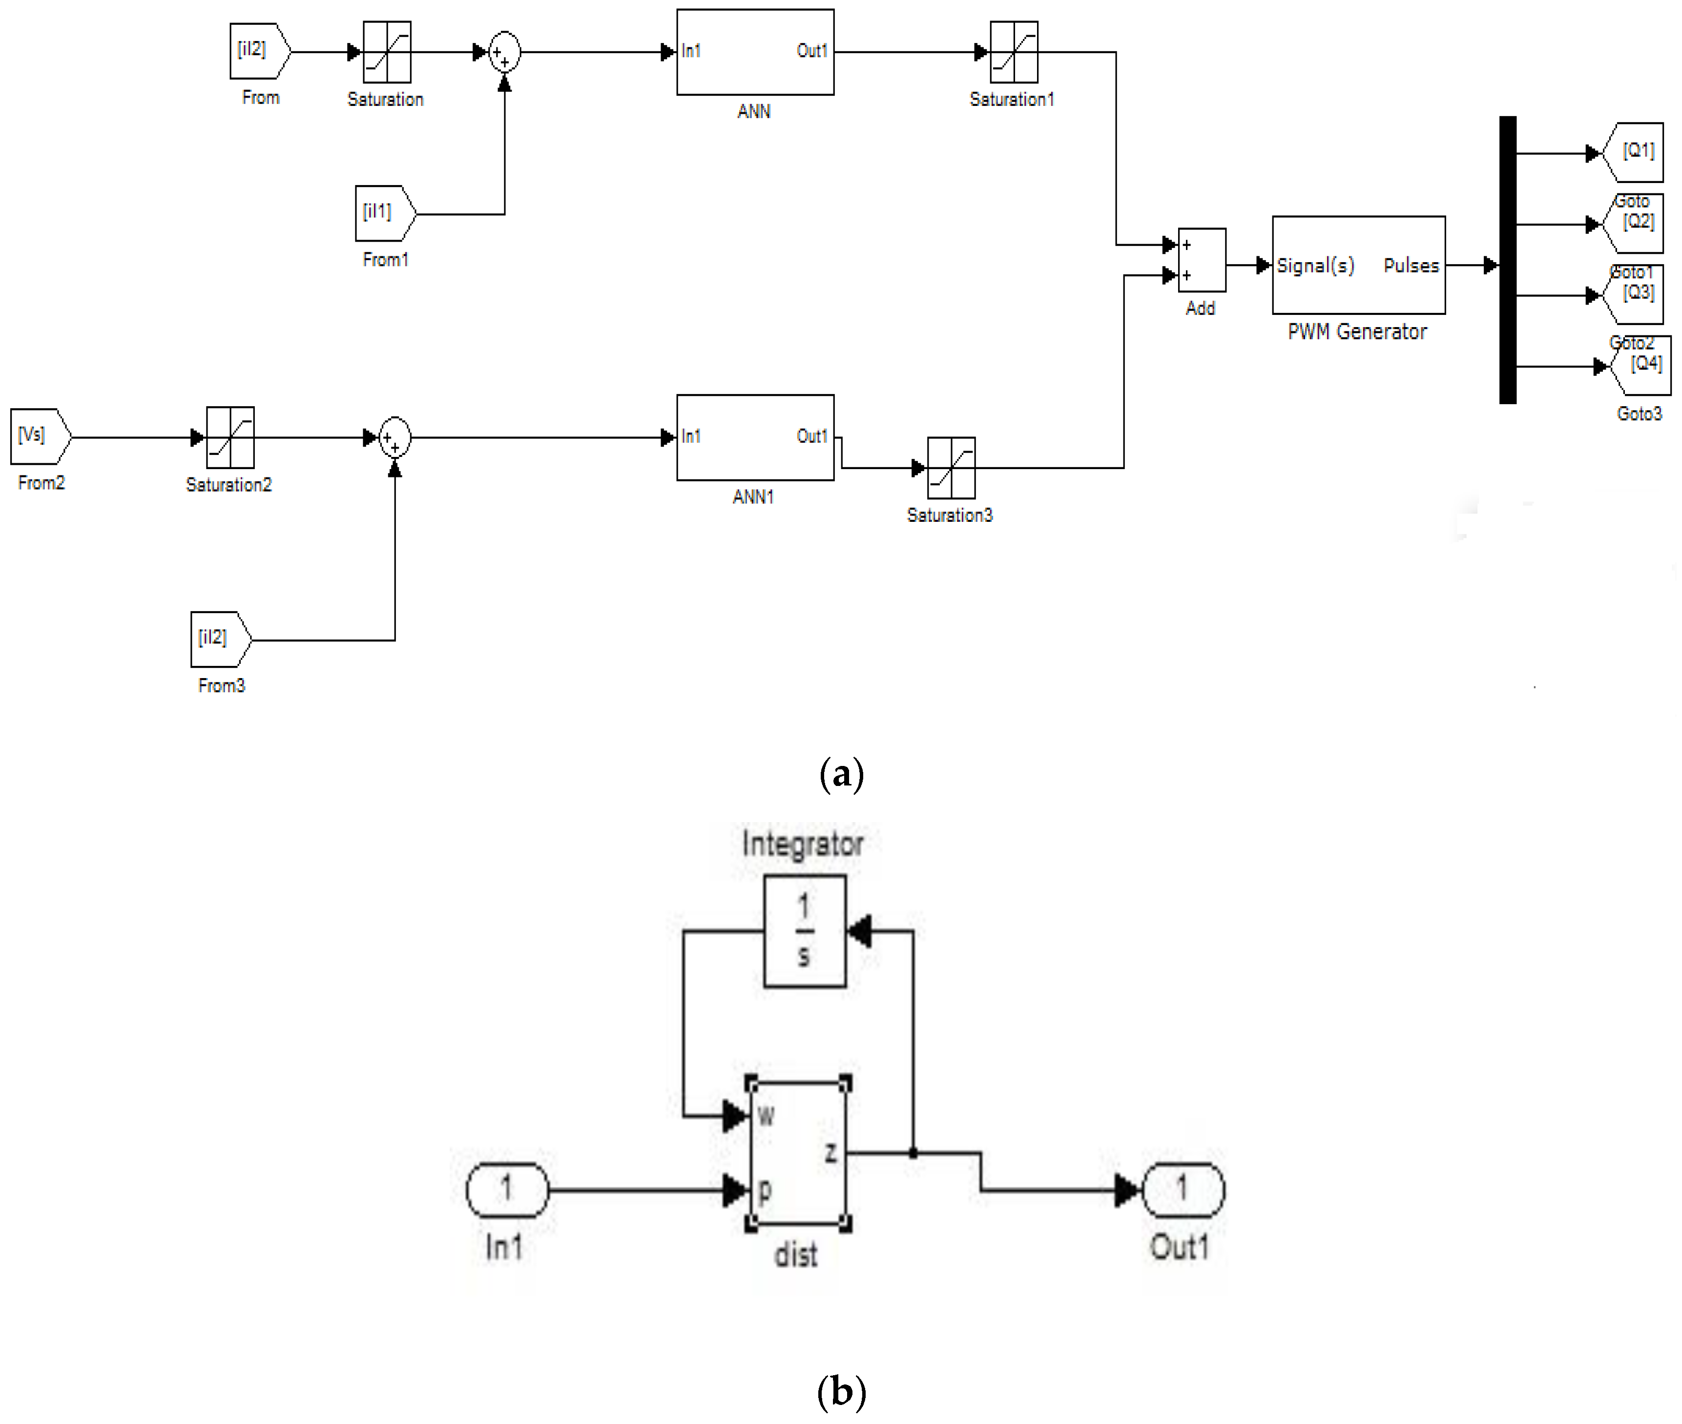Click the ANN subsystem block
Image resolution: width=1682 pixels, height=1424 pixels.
click(x=754, y=52)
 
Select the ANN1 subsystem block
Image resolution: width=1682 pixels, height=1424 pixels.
click(x=754, y=437)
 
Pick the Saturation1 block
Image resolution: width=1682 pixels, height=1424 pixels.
click(x=1014, y=52)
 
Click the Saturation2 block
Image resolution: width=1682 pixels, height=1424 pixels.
click(x=230, y=437)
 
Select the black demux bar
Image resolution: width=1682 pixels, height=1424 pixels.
click(x=1507, y=260)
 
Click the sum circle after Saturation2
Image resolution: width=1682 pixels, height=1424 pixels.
click(x=395, y=437)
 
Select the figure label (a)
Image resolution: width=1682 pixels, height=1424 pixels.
click(x=841, y=773)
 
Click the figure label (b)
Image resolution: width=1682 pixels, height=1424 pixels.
click(x=841, y=1391)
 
